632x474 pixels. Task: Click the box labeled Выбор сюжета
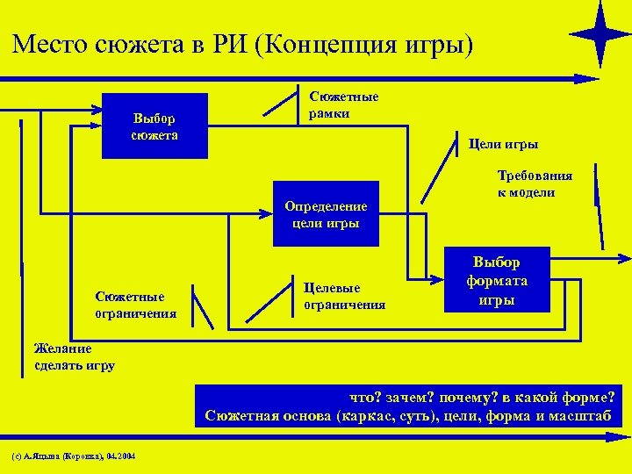[154, 126]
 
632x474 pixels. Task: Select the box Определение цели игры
[326, 214]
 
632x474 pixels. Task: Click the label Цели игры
[504, 144]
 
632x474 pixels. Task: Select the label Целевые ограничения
[344, 296]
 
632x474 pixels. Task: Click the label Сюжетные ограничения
[136, 304]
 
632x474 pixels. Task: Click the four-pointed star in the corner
[600, 34]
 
